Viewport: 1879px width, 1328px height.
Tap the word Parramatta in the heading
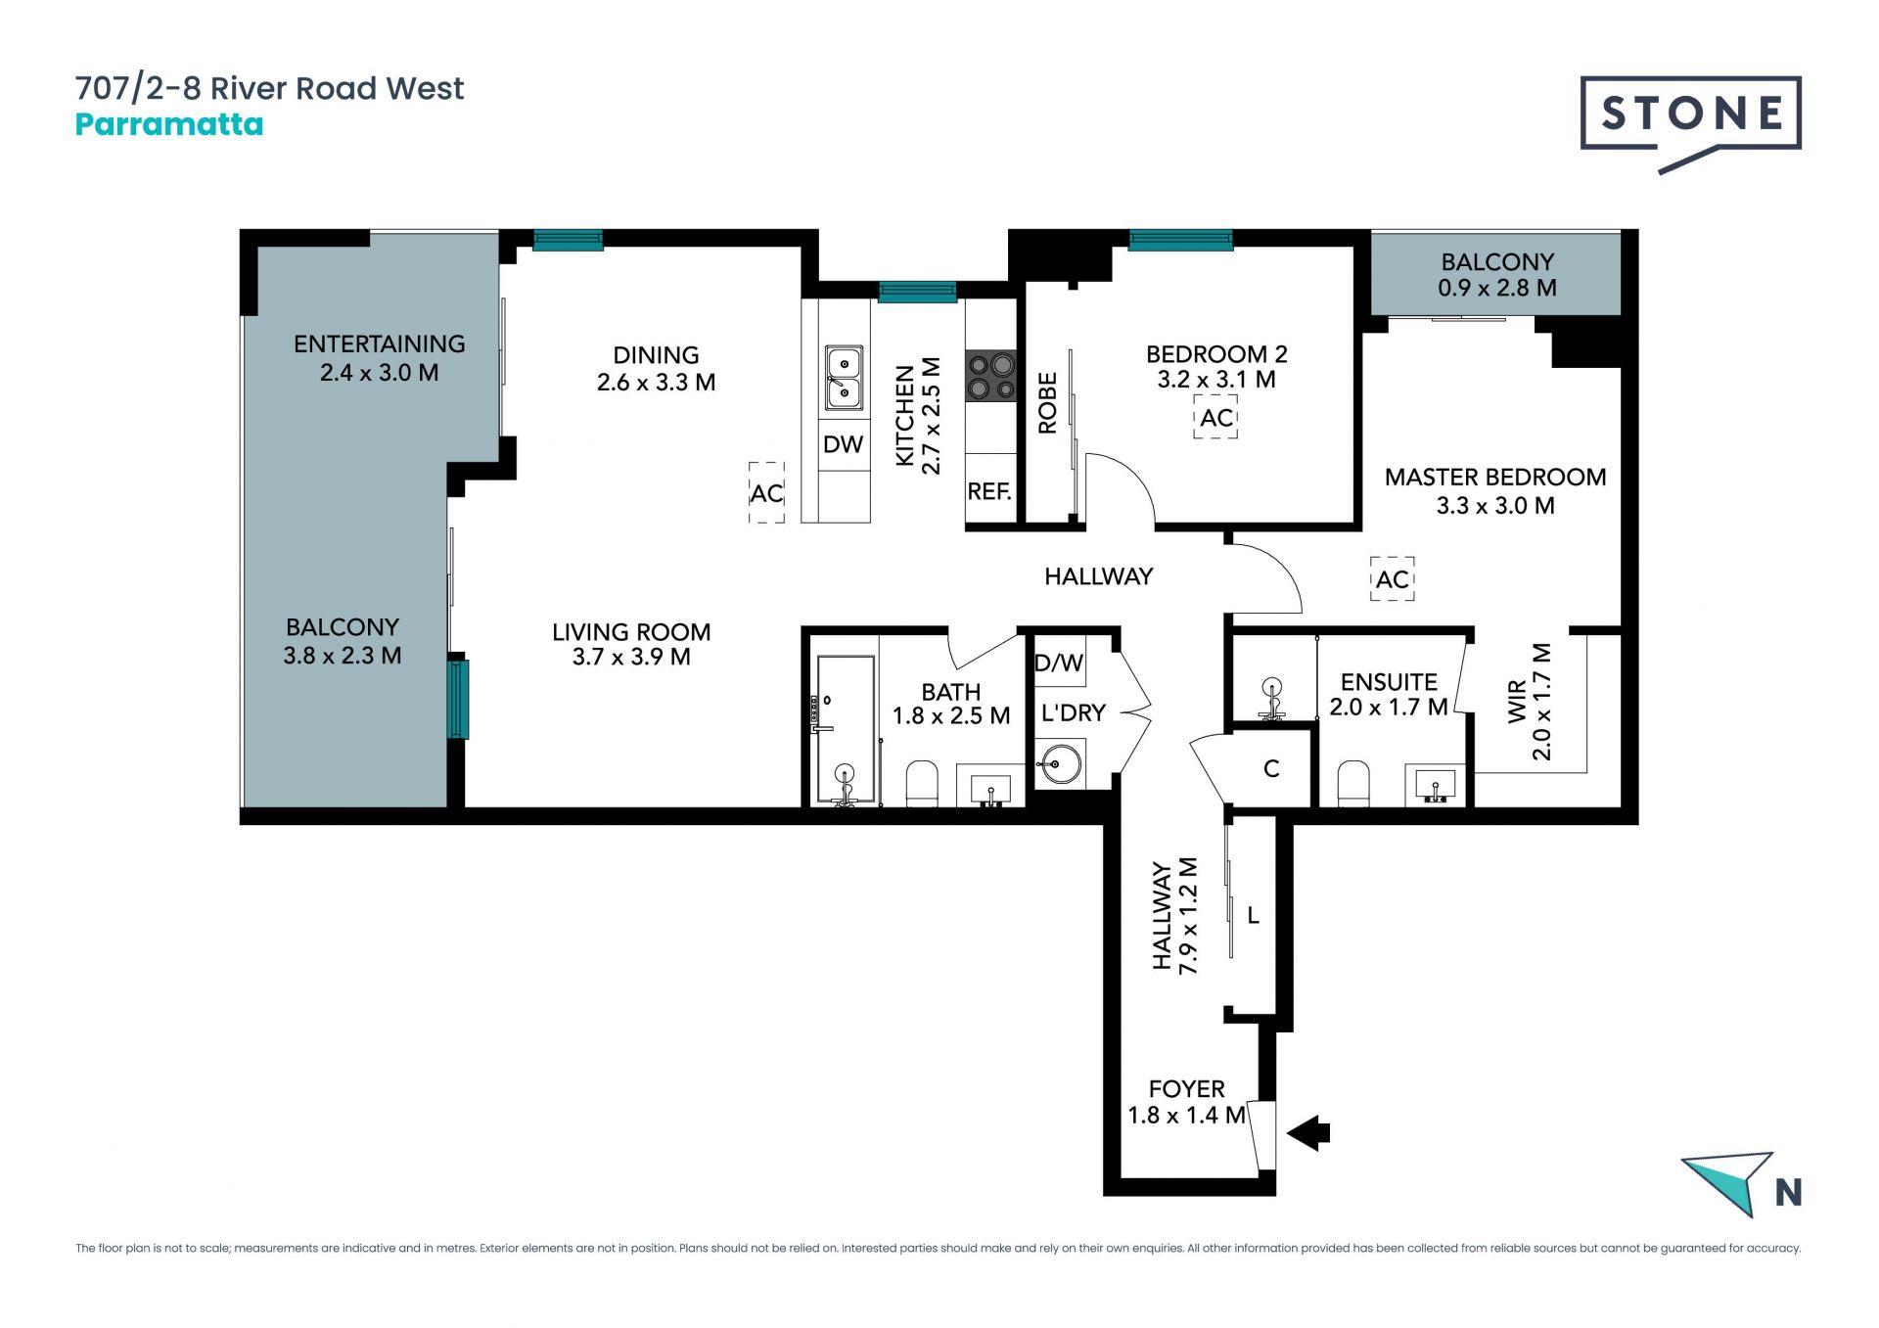[x=169, y=124]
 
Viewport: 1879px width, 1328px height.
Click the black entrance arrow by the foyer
[x=1308, y=1133]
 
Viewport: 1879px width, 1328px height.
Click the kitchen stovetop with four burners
[x=990, y=377]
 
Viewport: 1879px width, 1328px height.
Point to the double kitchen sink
[x=844, y=377]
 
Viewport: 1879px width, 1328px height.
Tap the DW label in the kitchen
[x=843, y=444]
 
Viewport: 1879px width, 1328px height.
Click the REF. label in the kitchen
[x=989, y=491]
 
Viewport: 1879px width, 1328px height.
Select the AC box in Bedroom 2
[x=1215, y=418]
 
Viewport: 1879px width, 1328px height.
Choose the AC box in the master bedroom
[x=1392, y=579]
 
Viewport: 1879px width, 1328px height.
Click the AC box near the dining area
[x=766, y=492]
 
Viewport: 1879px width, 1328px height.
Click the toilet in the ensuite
[x=1352, y=784]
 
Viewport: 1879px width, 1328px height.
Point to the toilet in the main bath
[x=922, y=784]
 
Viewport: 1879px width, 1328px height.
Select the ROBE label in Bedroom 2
[x=1047, y=402]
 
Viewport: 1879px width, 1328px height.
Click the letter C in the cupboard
[x=1271, y=769]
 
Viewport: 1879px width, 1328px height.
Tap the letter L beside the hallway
[x=1253, y=916]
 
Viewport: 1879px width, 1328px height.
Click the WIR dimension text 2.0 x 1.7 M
[x=1541, y=702]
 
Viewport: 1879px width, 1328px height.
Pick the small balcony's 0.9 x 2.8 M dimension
[x=1497, y=288]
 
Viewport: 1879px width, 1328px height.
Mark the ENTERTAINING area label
[x=380, y=344]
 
